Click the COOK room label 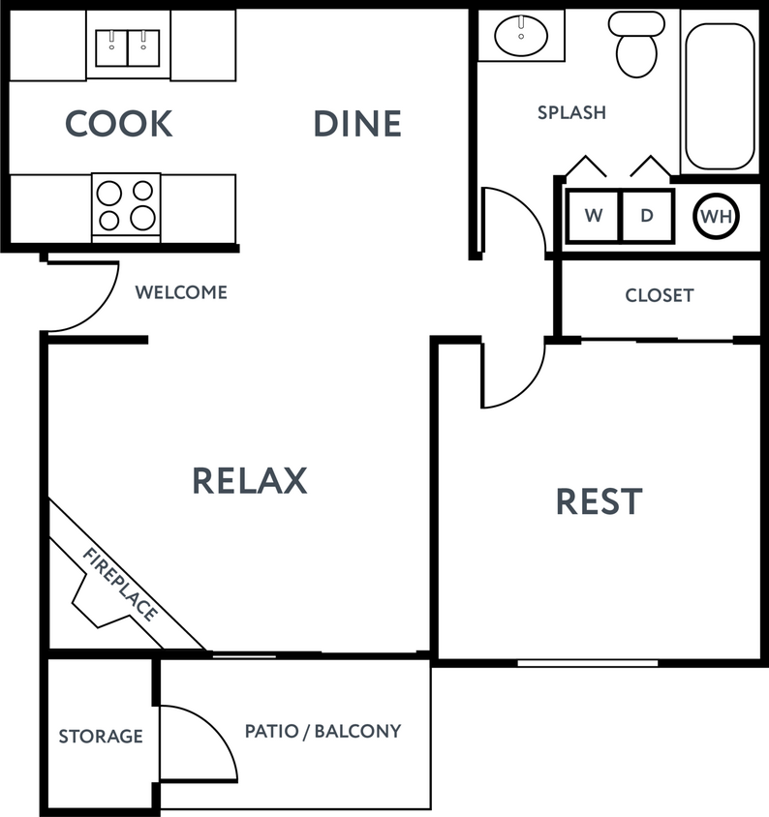[x=118, y=124]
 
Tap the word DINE [x=357, y=124]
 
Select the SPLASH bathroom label [x=571, y=112]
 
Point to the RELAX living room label [x=249, y=480]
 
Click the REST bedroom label [x=599, y=501]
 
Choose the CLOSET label [x=659, y=295]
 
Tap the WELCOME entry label [x=181, y=292]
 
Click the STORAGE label [x=101, y=737]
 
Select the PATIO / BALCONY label [x=323, y=731]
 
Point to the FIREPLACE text [x=120, y=585]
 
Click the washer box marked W [x=593, y=216]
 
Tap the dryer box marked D [x=647, y=216]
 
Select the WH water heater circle [x=717, y=217]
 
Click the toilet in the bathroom [x=636, y=46]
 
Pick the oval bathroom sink [x=521, y=36]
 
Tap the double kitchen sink [x=128, y=47]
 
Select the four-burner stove [x=127, y=204]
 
